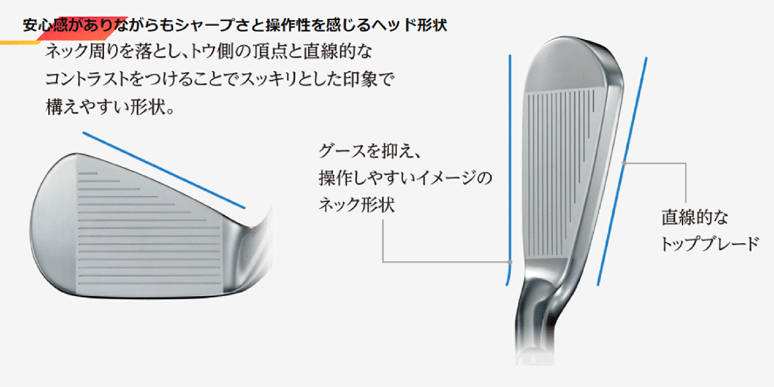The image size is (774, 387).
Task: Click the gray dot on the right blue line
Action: (624, 163)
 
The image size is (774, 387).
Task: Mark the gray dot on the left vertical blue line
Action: (510, 262)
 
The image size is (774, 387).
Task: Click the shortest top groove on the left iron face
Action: (87, 174)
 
